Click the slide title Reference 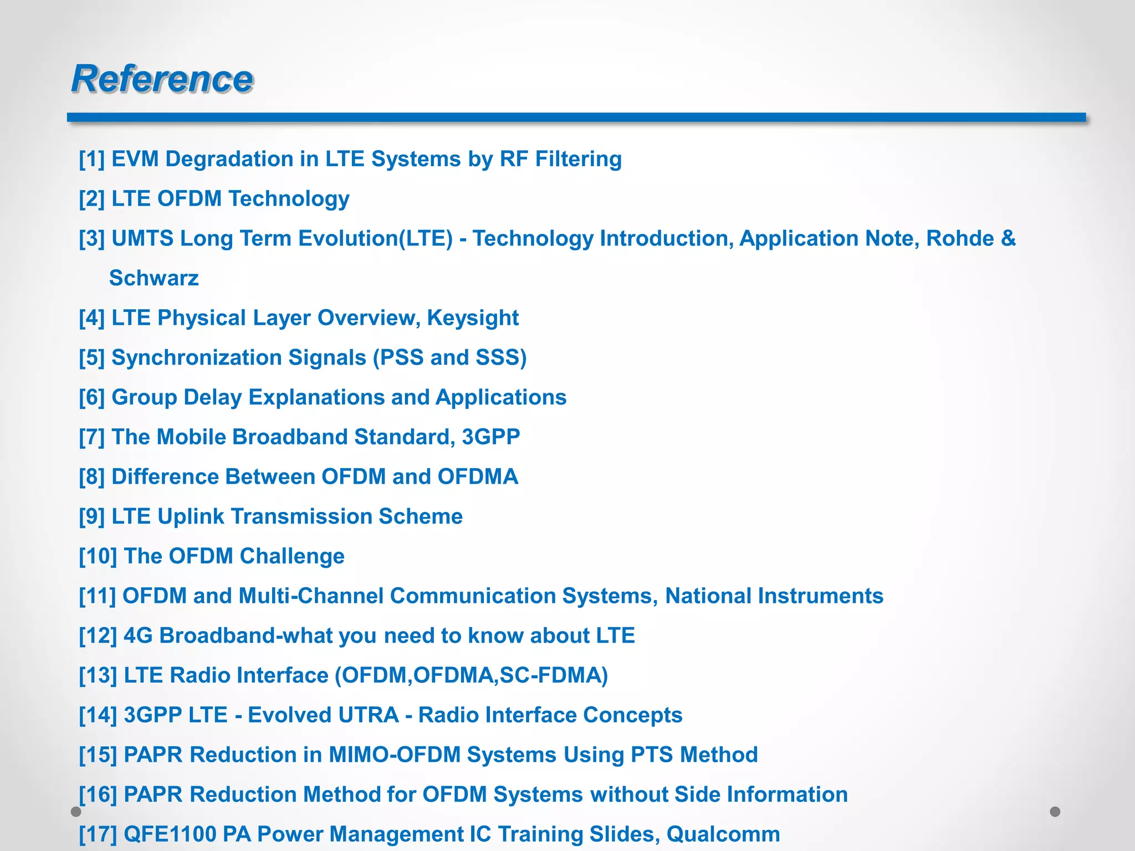(162, 79)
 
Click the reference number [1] (91, 159)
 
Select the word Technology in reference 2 (289, 199)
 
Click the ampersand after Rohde (1009, 238)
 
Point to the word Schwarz (154, 278)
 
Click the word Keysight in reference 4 (473, 318)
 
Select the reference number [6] (91, 397)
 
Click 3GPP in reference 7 (490, 437)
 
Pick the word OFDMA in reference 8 (477, 477)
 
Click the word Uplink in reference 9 (191, 516)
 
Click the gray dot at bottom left (76, 812)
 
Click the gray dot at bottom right (1055, 812)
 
